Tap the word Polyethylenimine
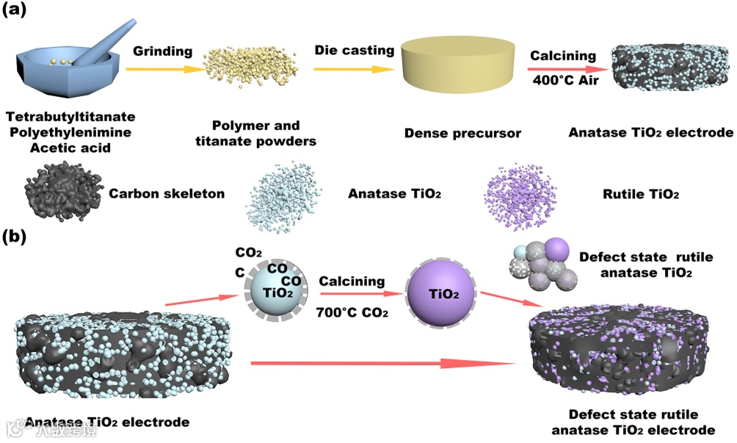click(62, 132)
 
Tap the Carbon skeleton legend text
click(167, 194)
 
